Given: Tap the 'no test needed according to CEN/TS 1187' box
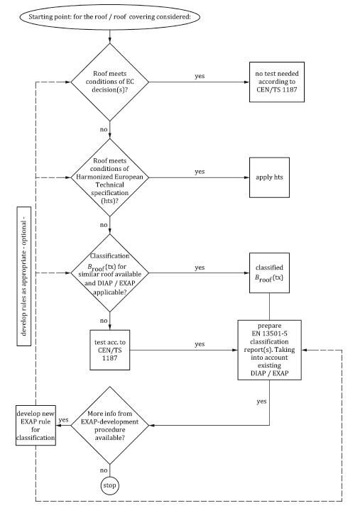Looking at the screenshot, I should click(x=278, y=82).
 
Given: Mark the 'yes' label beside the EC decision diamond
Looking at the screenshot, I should click(x=201, y=75).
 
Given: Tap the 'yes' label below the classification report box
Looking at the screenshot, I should click(x=262, y=402).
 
